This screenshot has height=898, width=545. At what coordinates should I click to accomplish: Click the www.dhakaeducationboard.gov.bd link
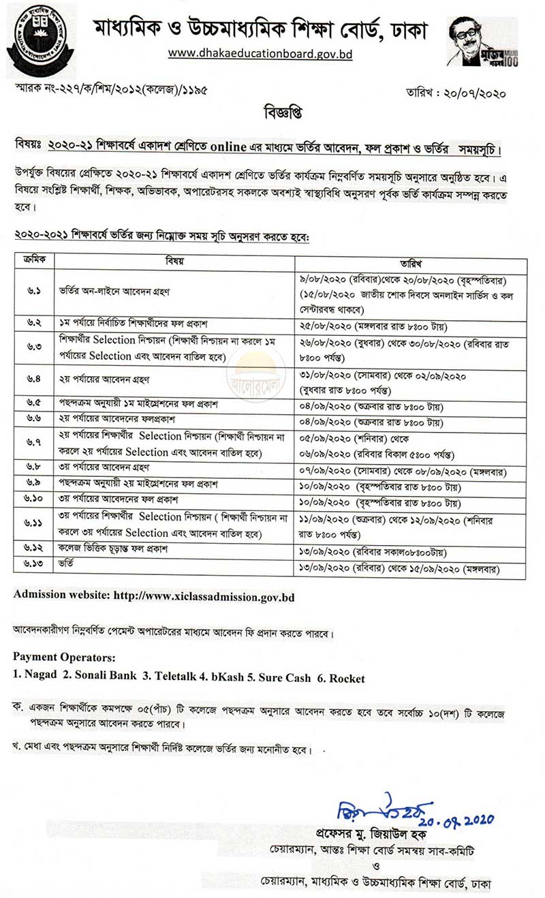(x=260, y=53)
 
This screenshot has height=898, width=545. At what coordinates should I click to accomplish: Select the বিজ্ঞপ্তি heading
(x=272, y=111)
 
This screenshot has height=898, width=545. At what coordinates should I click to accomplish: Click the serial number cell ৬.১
(x=34, y=292)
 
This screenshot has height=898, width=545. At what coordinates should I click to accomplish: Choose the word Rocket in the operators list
(x=343, y=678)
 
